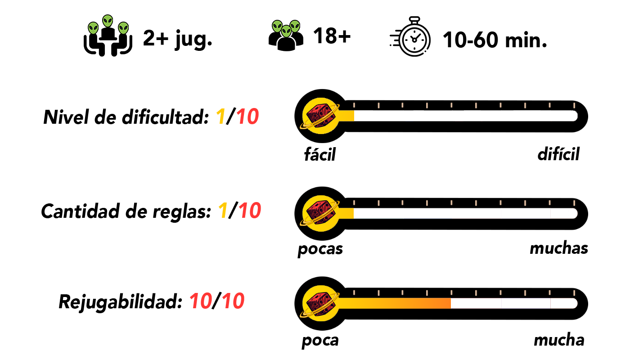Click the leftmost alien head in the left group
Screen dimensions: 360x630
pos(93,28)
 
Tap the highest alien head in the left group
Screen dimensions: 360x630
pos(108,21)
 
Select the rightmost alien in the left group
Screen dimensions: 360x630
pos(123,28)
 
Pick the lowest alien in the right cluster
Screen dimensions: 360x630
pos(286,31)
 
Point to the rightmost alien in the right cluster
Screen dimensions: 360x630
pos(295,26)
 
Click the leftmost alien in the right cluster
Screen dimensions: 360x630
pos(277,26)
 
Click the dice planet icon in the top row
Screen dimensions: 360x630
pos(320,116)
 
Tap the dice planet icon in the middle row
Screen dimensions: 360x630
pos(320,213)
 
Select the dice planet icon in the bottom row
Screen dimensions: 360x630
pos(320,303)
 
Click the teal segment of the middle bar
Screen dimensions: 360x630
pos(378,213)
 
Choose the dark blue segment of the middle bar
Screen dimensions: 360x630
pos(452,213)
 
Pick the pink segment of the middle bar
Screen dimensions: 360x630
pos(525,213)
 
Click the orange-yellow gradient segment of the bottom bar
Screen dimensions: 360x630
pos(396,303)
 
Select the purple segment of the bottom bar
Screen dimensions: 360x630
pos(526,303)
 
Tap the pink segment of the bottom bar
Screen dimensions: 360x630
pos(477,303)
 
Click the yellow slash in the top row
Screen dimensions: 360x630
pos(222,119)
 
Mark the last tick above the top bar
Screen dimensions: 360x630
pos(574,105)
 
